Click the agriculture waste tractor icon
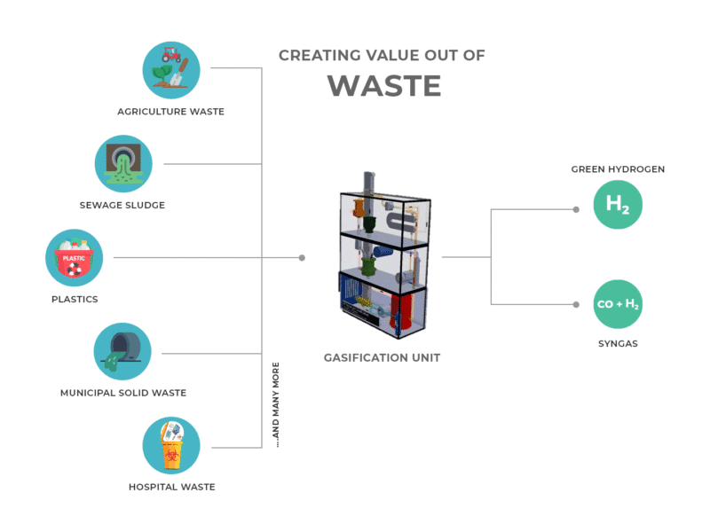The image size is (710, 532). [171, 68]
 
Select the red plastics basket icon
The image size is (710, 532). [75, 258]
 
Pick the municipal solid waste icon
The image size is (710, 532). [122, 352]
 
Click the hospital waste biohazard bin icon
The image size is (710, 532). [171, 446]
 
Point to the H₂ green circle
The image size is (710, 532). [618, 204]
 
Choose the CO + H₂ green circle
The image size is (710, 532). [618, 304]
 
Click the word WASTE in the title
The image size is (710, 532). [383, 86]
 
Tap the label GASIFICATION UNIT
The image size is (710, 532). [382, 358]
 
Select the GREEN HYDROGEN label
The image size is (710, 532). [618, 168]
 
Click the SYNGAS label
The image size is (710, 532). [618, 342]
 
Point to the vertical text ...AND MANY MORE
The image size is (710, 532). [276, 403]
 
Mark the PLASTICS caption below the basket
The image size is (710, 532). [75, 300]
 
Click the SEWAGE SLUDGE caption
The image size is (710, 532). [122, 206]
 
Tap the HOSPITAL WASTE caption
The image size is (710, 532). [171, 487]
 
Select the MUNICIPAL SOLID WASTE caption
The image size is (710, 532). [123, 393]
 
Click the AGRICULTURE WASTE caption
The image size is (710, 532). [171, 112]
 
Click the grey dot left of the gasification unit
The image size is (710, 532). [302, 258]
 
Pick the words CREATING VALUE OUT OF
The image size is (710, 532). [382, 55]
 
